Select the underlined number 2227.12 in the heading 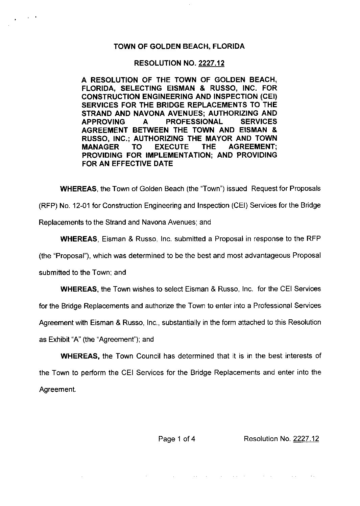point(211,63)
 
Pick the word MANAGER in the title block point(100,147)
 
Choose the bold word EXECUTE point(171,147)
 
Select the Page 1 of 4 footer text point(177,439)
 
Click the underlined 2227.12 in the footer point(306,439)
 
